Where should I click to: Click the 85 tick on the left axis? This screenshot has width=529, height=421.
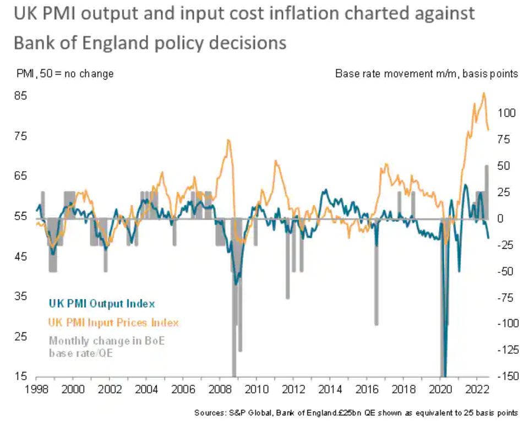coord(20,95)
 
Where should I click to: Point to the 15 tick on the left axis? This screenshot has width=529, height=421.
coord(20,377)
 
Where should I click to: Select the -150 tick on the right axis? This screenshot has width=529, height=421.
coord(508,377)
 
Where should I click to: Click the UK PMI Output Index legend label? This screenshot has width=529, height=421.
coord(102,304)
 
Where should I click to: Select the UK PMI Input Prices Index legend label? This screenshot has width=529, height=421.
coord(113,322)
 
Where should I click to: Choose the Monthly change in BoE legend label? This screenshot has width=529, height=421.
coord(107,341)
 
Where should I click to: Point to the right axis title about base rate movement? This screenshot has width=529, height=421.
coord(427,74)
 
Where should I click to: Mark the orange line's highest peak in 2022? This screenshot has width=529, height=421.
coord(484,93)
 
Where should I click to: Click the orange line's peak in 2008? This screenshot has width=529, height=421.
coord(228,140)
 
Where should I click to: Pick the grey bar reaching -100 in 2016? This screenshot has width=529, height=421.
coord(377,272)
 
